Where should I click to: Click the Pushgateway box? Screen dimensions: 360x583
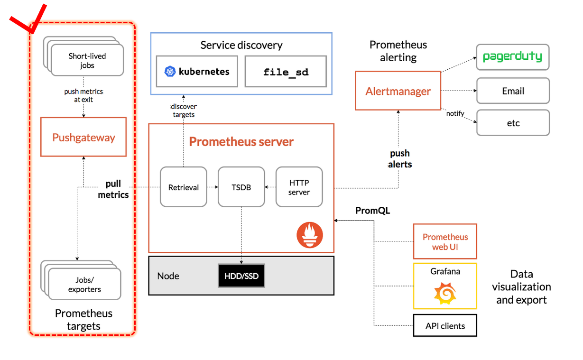[83, 137]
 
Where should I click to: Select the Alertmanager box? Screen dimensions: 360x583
[398, 91]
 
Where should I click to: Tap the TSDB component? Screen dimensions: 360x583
[241, 187]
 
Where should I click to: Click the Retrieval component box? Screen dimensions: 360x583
[184, 187]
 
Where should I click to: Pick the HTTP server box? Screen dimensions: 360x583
[299, 187]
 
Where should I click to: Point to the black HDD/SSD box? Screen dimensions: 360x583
[241, 276]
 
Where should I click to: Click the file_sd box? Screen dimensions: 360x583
[286, 72]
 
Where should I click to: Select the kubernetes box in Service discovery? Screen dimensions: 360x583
[197, 72]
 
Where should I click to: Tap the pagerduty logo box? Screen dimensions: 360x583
[512, 57]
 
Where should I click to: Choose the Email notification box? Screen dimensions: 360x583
[513, 91]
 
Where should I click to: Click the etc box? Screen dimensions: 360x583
[513, 123]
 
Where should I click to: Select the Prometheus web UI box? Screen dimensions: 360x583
[445, 241]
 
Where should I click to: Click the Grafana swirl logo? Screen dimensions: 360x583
[445, 293]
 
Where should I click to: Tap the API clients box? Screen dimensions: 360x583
[445, 326]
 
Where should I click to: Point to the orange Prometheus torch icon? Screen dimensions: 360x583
[310, 235]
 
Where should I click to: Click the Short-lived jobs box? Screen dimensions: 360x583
[87, 60]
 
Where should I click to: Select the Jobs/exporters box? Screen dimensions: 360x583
[84, 284]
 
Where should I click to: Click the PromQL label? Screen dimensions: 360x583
[372, 210]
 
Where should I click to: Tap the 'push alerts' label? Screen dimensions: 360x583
[400, 159]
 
